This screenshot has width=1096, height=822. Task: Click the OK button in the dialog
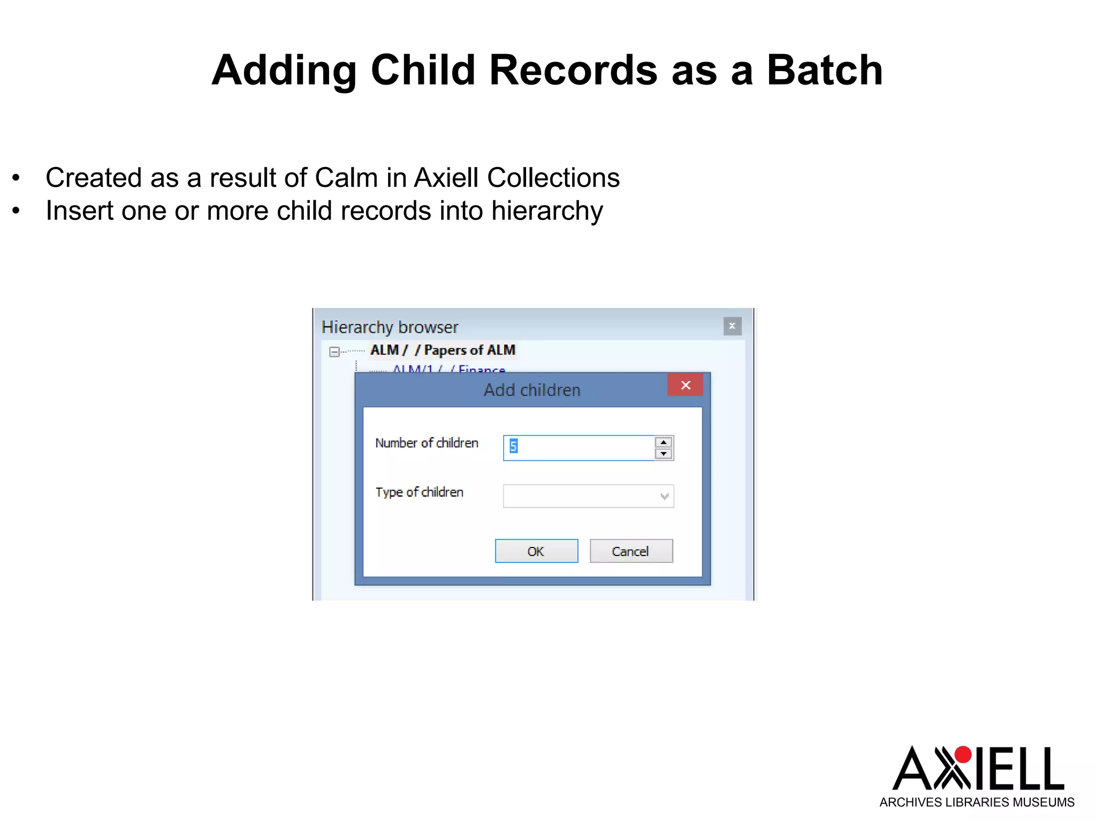coord(536,551)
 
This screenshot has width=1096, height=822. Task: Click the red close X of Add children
coord(686,385)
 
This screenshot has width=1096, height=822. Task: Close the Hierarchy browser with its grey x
coord(732,326)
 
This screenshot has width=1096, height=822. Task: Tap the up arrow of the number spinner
coord(664,443)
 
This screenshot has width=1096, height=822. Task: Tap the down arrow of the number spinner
coord(664,454)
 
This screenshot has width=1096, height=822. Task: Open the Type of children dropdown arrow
coord(665,496)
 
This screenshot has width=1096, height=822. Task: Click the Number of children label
coord(427,443)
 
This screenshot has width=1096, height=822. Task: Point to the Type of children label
coord(419,492)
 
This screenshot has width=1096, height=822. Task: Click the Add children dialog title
coord(532,390)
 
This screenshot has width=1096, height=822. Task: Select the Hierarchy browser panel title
coord(390,327)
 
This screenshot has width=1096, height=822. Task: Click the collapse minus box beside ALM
coord(334,352)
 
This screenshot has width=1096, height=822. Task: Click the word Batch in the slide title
coord(825,70)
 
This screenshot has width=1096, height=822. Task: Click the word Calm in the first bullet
coord(346,178)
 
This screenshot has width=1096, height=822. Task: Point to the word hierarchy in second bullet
coord(547,211)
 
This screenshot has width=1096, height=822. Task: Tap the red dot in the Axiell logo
coord(963,755)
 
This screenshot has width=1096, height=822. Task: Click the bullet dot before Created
coord(16,178)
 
